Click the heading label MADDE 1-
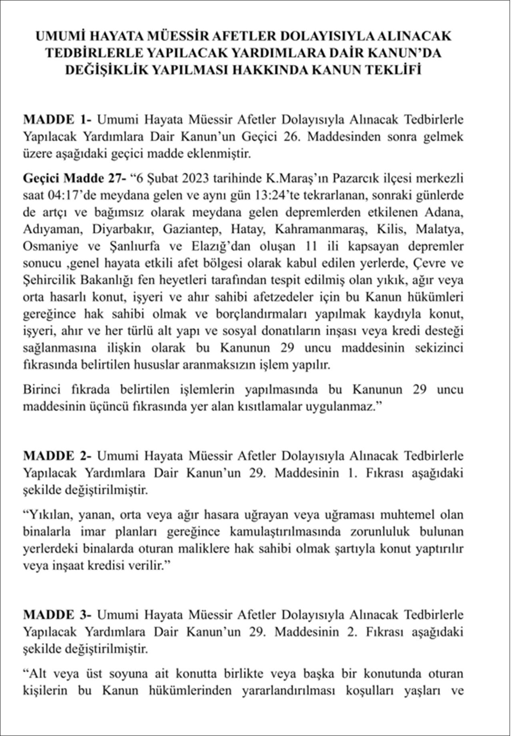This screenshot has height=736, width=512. (x=58, y=120)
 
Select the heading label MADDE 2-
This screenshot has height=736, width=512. (x=58, y=456)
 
